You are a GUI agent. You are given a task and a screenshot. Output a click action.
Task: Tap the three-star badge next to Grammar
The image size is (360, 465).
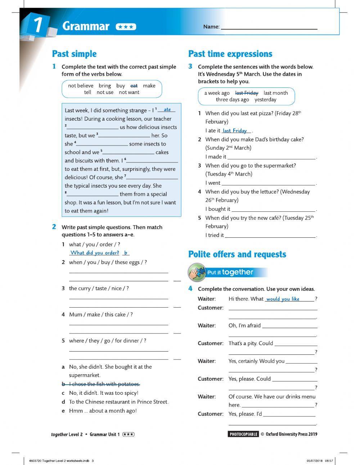126,27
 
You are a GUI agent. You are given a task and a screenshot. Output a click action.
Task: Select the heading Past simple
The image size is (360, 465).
75,54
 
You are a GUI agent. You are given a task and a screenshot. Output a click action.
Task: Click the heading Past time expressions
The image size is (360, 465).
230,54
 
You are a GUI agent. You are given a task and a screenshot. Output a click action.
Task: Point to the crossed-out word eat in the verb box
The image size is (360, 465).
134,86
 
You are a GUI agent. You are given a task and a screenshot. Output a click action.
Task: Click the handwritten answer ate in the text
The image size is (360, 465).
167,109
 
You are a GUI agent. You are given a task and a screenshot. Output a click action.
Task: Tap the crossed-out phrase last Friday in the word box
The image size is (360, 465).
247,93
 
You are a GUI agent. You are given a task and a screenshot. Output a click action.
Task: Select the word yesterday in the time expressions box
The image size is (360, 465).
265,100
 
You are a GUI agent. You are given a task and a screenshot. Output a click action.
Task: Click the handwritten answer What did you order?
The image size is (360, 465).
95,253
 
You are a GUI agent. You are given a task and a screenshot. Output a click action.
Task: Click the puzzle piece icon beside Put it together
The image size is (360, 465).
197,272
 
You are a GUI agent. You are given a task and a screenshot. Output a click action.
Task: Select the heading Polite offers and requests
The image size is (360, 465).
237,254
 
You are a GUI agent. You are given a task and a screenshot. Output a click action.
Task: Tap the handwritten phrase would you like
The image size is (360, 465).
283,299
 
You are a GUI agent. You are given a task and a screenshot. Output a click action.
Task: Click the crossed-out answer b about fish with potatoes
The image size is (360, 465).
104,384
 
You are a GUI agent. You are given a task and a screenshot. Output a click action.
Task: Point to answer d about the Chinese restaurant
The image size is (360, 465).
118,402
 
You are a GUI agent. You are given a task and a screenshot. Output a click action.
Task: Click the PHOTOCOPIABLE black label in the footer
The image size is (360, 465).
243,434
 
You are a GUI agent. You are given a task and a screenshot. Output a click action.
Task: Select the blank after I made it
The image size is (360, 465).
271,157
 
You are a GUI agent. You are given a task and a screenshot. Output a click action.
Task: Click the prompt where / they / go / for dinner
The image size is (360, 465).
107,341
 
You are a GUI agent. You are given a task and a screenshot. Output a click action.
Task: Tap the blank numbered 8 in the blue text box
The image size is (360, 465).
93,195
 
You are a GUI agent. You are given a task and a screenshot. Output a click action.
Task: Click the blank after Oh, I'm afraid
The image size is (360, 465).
290,326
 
